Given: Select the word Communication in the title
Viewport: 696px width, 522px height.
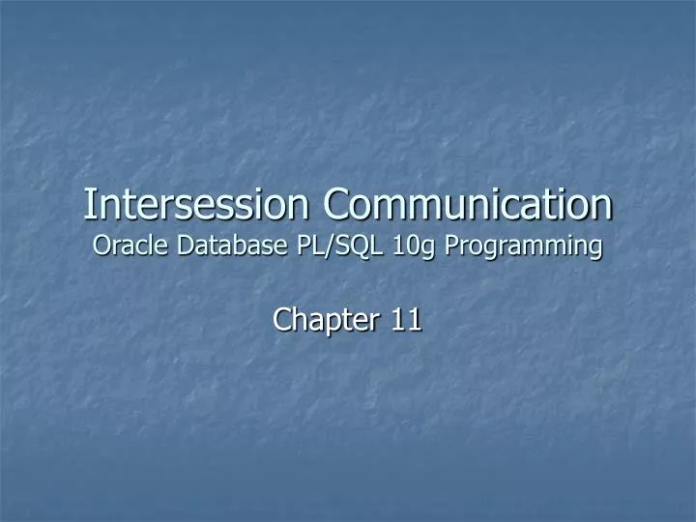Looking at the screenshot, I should pyautogui.click(x=468, y=205).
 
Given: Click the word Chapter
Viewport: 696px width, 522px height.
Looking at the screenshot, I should pyautogui.click(x=327, y=318).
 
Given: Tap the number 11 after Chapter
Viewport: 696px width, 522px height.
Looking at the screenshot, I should pyautogui.click(x=406, y=318).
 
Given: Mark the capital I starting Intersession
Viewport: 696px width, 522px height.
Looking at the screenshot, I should pyautogui.click(x=89, y=205).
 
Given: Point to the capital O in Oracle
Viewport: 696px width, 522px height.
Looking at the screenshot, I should pyautogui.click(x=101, y=246).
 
